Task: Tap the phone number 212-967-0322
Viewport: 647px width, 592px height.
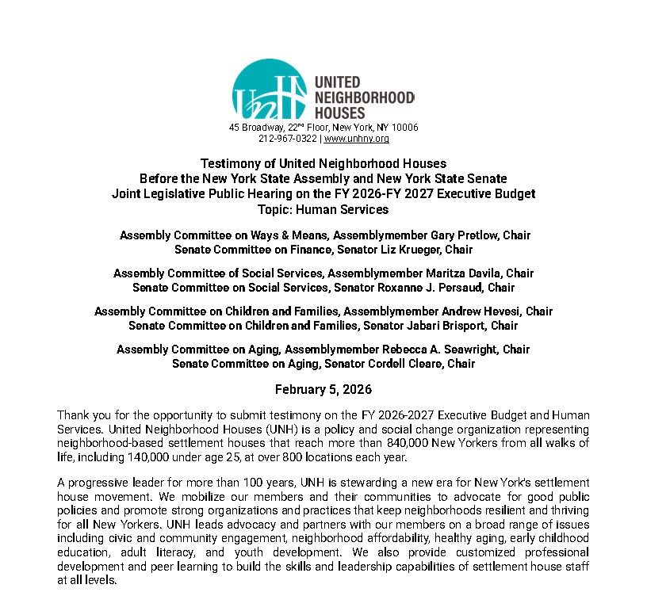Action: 287,139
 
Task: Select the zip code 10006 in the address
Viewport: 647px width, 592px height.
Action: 404,128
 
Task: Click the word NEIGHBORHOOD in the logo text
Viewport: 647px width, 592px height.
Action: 365,97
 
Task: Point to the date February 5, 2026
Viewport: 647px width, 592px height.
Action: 323,390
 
